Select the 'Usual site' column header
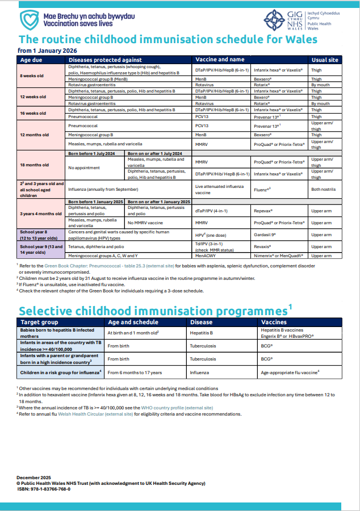coord(325,60)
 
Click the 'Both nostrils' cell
coord(324,190)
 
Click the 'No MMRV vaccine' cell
coord(147,223)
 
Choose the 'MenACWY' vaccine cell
coord(206,256)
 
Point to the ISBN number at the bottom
coord(44,489)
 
